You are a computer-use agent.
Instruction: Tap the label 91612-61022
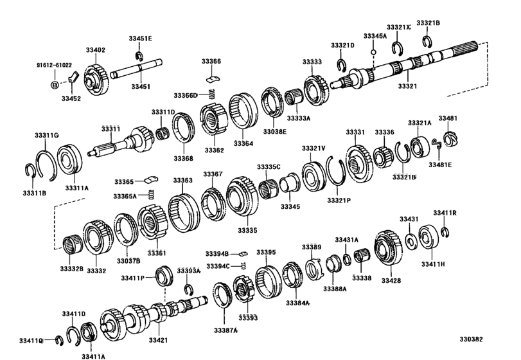[x=53, y=65]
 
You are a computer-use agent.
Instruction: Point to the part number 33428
[x=391, y=280]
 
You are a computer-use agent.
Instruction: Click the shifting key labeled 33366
[x=211, y=78]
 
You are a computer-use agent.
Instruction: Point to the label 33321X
[x=398, y=28]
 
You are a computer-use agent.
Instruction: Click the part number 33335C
[x=269, y=166]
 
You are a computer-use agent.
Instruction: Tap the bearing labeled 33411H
[x=428, y=237]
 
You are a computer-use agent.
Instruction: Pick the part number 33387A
[x=226, y=330]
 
